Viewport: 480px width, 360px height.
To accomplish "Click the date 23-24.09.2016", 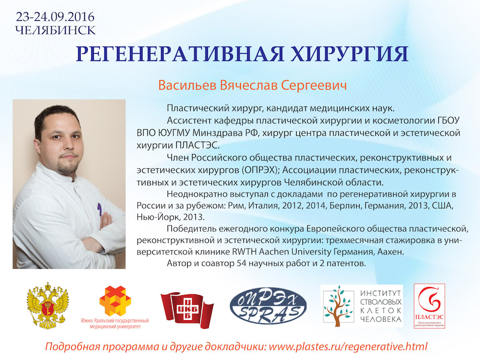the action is pos(55,17).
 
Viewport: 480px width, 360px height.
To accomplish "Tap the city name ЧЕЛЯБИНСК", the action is pos(55,30).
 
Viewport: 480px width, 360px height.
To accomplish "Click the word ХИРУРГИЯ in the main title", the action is pos(349,54).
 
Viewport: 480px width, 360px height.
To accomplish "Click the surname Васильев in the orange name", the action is pos(187,85).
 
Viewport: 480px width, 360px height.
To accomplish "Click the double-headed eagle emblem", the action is pos(48,306).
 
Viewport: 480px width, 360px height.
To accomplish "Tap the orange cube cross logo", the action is pos(115,301).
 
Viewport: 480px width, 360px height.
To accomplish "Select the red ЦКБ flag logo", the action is pos(187,310).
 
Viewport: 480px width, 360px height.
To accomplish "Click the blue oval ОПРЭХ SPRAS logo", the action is pos(268,305).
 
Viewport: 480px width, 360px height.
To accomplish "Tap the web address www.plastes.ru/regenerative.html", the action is pos(348,347).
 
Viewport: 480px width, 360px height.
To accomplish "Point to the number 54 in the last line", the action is pos(241,263).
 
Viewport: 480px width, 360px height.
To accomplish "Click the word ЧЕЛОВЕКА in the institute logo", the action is pos(381,320).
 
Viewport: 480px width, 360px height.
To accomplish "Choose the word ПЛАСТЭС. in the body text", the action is pos(197,145).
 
